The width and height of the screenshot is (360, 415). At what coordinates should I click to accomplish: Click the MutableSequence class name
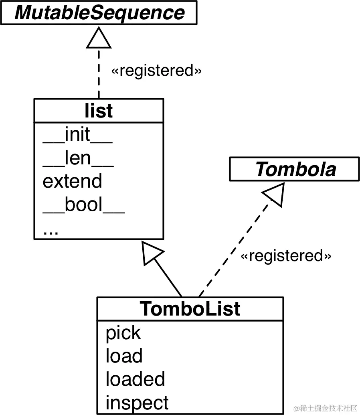(99, 12)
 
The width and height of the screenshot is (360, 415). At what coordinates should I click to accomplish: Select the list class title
(99, 111)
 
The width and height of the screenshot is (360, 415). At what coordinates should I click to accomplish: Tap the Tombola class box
(295, 169)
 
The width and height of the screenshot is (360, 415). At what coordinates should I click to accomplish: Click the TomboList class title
(190, 309)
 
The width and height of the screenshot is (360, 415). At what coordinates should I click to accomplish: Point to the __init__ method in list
(77, 135)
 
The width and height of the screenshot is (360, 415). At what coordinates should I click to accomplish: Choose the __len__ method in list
(78, 158)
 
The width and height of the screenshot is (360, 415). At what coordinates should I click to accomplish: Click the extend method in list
(72, 181)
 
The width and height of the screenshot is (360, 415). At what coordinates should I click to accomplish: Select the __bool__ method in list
(84, 205)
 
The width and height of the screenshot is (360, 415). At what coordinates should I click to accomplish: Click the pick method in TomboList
(123, 333)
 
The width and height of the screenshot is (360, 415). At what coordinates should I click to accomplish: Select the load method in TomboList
(124, 356)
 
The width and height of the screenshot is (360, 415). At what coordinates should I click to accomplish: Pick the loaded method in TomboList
(135, 379)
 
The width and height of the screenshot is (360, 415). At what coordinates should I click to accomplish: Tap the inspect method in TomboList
(137, 403)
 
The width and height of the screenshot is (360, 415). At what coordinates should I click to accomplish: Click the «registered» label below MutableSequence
(156, 71)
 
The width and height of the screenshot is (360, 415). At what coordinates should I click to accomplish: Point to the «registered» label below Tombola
(286, 256)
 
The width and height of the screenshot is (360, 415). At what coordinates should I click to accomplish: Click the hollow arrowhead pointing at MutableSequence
(99, 38)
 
